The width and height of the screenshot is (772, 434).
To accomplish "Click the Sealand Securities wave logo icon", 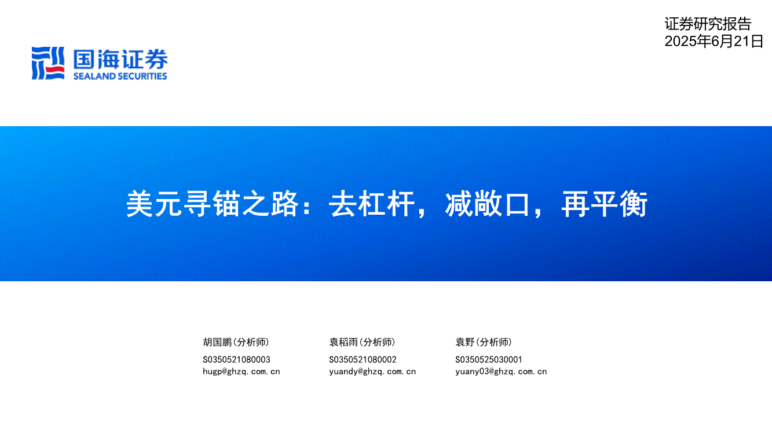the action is [48, 64].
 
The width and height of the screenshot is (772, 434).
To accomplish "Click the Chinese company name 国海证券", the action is [120, 59].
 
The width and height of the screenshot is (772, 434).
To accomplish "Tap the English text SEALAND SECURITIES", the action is [120, 76].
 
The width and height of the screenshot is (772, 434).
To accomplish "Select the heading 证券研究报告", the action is [708, 24].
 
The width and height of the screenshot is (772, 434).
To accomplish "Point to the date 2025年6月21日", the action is [714, 41].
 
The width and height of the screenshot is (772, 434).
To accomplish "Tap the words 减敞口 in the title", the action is [487, 204].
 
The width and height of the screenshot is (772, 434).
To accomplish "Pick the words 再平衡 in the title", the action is [605, 204].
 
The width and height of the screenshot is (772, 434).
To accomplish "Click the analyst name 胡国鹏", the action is [218, 342].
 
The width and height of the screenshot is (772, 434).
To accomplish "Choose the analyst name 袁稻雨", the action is [343, 342].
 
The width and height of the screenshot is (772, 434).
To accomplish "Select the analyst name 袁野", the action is [465, 342].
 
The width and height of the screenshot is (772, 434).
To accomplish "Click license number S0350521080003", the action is [236, 359].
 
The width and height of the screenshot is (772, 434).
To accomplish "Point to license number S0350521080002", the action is [363, 359].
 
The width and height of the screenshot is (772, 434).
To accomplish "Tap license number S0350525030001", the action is [489, 359].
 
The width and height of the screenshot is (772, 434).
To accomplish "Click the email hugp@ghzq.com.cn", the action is [242, 372].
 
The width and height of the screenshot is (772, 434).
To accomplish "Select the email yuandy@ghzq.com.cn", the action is [372, 372].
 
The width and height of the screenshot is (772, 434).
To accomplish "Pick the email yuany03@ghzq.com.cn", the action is [501, 372].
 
